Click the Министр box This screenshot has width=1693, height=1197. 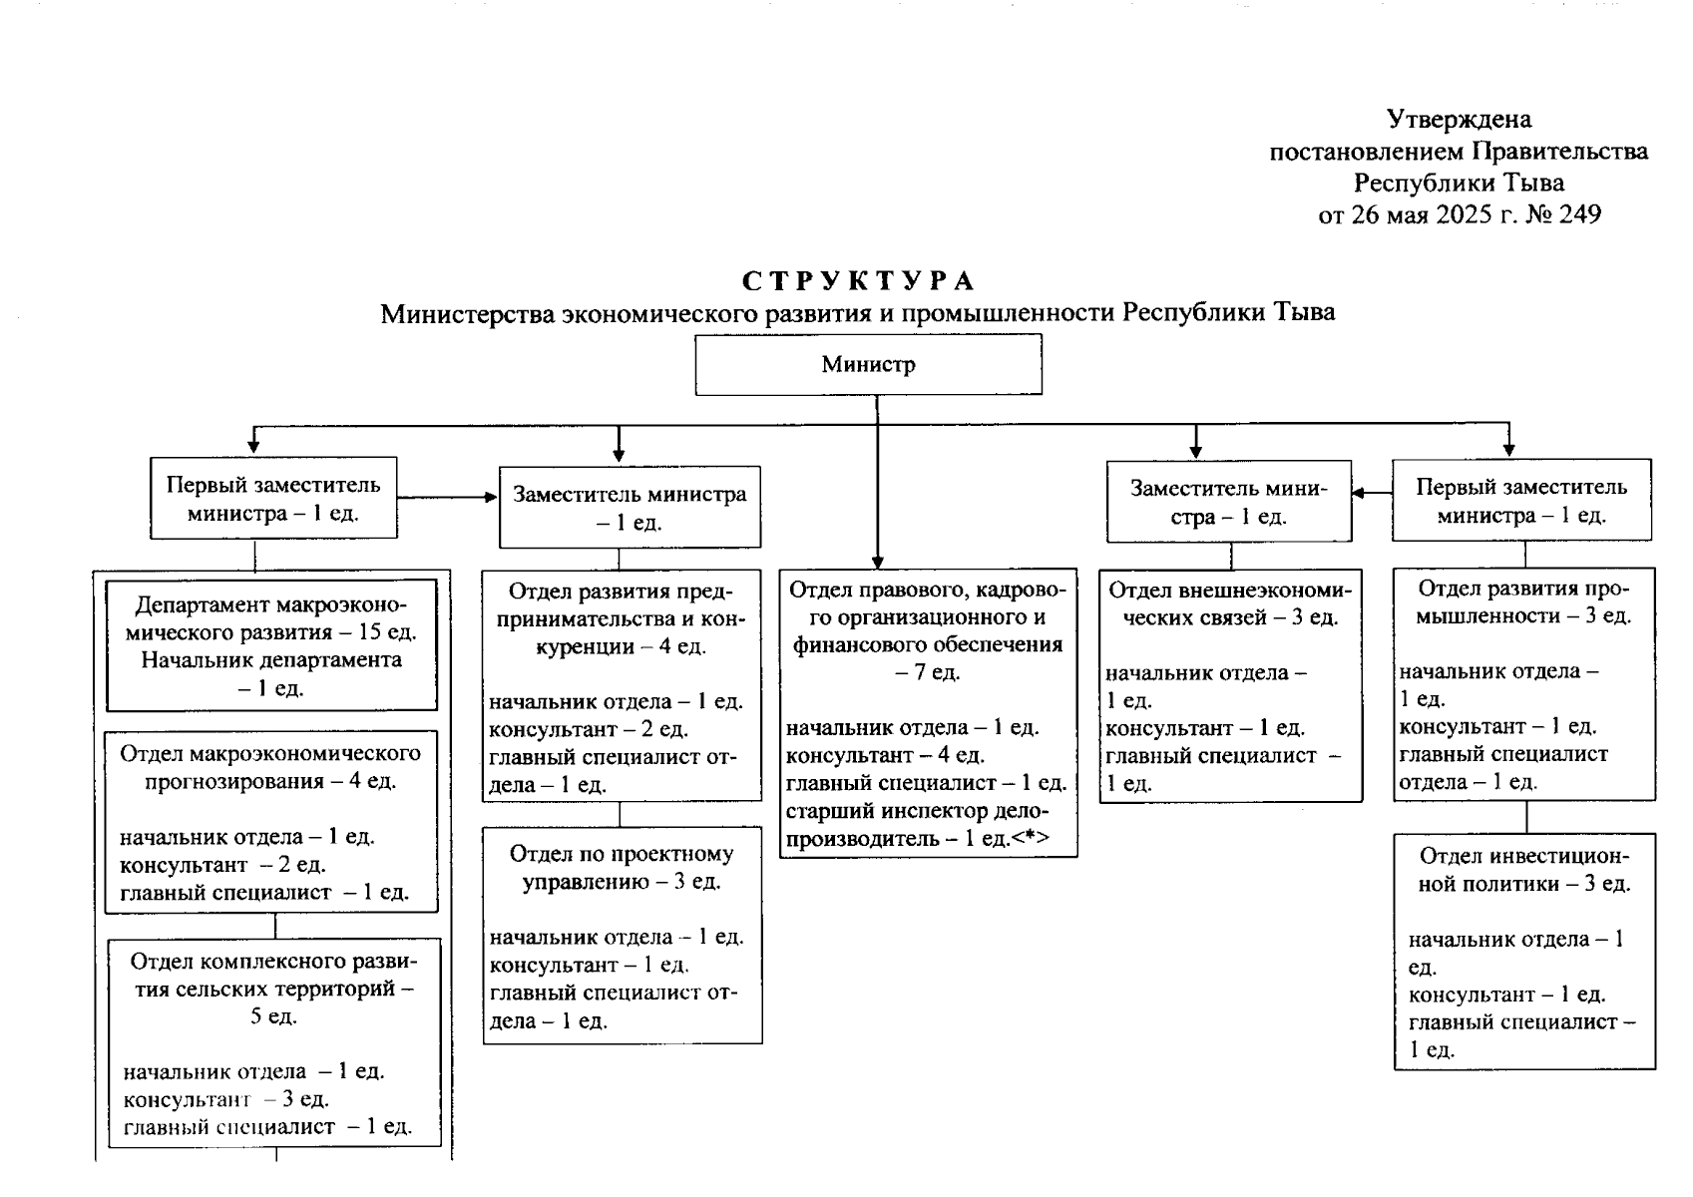[868, 365]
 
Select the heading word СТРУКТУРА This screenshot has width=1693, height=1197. [858, 281]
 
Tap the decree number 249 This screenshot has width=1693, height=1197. [1578, 214]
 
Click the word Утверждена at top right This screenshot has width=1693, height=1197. [1459, 120]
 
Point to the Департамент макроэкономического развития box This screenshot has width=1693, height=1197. [271, 644]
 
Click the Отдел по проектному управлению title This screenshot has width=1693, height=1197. [622, 868]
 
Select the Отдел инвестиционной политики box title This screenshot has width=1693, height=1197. [1524, 870]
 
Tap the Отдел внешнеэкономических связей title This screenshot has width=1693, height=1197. [1230, 603]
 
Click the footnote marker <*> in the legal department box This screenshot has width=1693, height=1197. [1030, 839]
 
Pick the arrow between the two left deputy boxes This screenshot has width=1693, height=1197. [447, 497]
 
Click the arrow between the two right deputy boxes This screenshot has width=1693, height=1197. [1372, 492]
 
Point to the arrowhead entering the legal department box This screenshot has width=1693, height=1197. [877, 561]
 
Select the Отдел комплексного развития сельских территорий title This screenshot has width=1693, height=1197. [273, 989]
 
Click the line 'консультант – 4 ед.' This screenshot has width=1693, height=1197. [885, 755]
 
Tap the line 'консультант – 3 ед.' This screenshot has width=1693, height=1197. [225, 1099]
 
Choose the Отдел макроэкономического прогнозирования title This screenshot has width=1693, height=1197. [270, 767]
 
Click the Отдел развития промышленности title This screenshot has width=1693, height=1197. [1523, 601]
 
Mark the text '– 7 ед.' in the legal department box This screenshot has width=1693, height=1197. [927, 672]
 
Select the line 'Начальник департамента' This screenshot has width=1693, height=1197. [271, 660]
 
